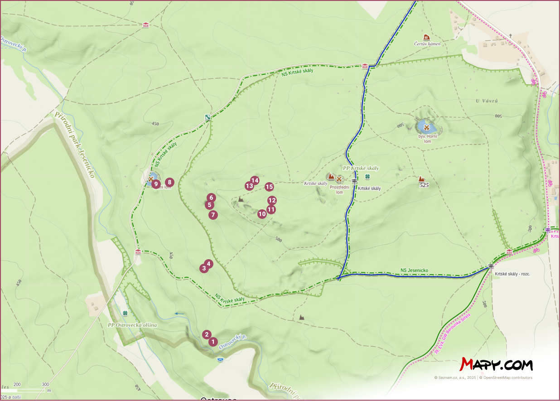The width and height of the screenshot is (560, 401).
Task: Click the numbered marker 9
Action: [156, 184]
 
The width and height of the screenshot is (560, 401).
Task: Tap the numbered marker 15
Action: [269, 187]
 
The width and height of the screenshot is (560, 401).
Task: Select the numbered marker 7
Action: [213, 215]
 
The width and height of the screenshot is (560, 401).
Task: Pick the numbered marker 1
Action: [213, 342]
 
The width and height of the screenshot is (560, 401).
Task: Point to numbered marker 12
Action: [272, 200]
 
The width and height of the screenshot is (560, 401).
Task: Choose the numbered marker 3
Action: [204, 268]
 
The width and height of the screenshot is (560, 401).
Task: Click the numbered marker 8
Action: [169, 182]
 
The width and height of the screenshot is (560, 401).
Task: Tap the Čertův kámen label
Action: [427, 44]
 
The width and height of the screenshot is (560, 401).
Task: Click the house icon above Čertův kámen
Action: [426, 37]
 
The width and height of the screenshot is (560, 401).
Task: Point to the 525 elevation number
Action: [424, 185]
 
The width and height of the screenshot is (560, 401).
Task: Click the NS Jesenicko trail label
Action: [414, 271]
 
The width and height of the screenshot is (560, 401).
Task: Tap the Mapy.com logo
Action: [497, 364]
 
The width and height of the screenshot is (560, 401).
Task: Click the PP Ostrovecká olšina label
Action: [132, 325]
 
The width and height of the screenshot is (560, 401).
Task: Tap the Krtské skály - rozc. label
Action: [512, 274]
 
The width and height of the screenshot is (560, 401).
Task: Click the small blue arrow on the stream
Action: [179, 313]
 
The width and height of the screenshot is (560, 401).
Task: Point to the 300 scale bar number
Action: [45, 384]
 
